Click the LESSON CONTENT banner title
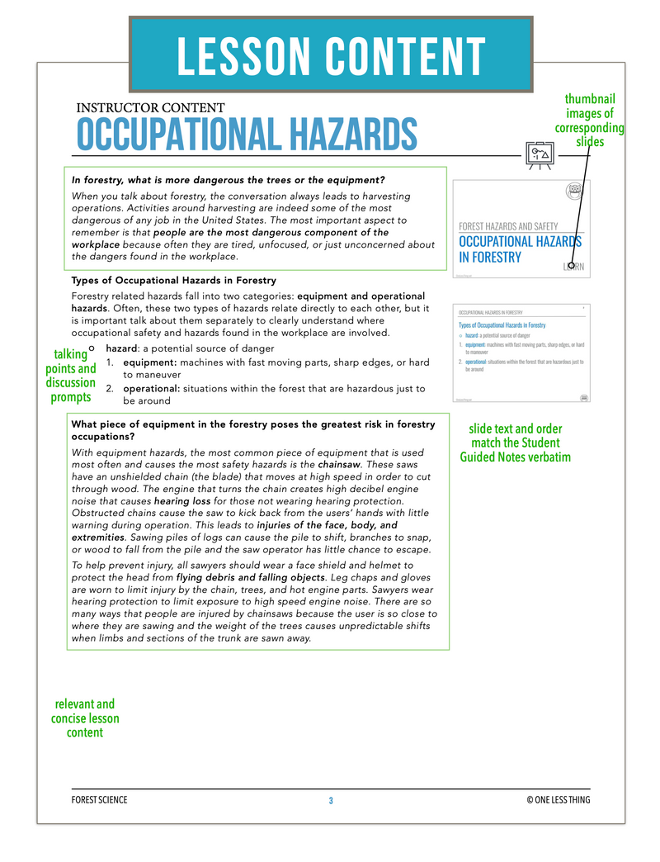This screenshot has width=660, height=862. [330, 56]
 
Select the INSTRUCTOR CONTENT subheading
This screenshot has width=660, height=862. [150, 107]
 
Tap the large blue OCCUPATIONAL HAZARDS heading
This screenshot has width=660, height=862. [247, 135]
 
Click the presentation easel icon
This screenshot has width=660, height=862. [540, 154]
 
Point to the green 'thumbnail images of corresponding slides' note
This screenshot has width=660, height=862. [589, 121]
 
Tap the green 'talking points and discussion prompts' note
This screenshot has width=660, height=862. [70, 376]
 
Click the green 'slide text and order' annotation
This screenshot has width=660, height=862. [515, 443]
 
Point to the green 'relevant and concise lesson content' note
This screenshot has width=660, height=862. [85, 718]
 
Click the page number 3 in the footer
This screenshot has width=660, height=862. [331, 800]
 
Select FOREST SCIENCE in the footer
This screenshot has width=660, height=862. [100, 800]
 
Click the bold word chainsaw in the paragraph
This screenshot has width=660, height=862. [343, 464]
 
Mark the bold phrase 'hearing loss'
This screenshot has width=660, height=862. [183, 500]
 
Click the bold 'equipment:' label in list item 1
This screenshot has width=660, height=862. [150, 362]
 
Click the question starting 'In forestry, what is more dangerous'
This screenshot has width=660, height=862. [229, 180]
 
